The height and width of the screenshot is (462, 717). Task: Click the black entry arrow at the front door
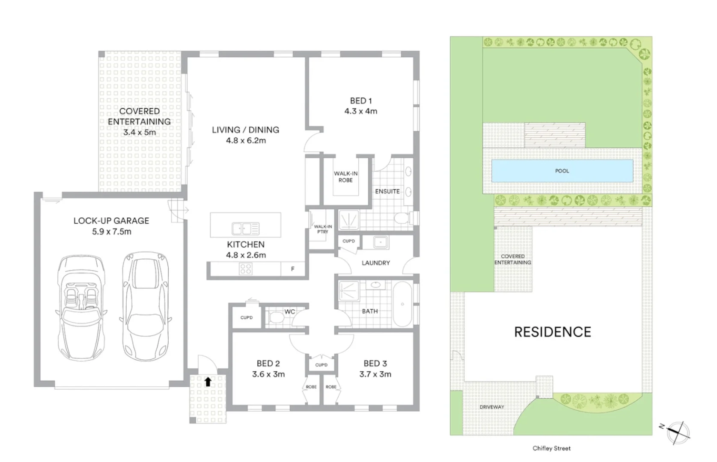tap(208, 382)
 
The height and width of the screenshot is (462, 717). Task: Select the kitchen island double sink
tap(245, 229)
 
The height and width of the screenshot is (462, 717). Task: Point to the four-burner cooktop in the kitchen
tap(246, 269)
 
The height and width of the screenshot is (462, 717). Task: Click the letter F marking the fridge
tap(293, 269)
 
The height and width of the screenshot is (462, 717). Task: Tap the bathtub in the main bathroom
tap(402, 304)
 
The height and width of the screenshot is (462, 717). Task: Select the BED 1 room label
tap(361, 101)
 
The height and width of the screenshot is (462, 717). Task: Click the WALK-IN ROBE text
tap(346, 177)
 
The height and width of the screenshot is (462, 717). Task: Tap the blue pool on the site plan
tap(562, 171)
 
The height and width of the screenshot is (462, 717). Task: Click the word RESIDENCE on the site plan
tap(552, 332)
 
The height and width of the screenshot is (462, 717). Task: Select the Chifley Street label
tap(551, 448)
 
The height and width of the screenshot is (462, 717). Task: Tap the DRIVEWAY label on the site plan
tap(491, 407)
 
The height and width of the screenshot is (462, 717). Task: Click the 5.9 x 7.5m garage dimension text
tap(111, 231)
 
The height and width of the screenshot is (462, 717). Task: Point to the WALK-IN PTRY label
tap(323, 229)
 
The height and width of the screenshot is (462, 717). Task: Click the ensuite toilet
tap(402, 219)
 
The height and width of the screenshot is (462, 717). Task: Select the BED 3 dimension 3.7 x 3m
tap(375, 374)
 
